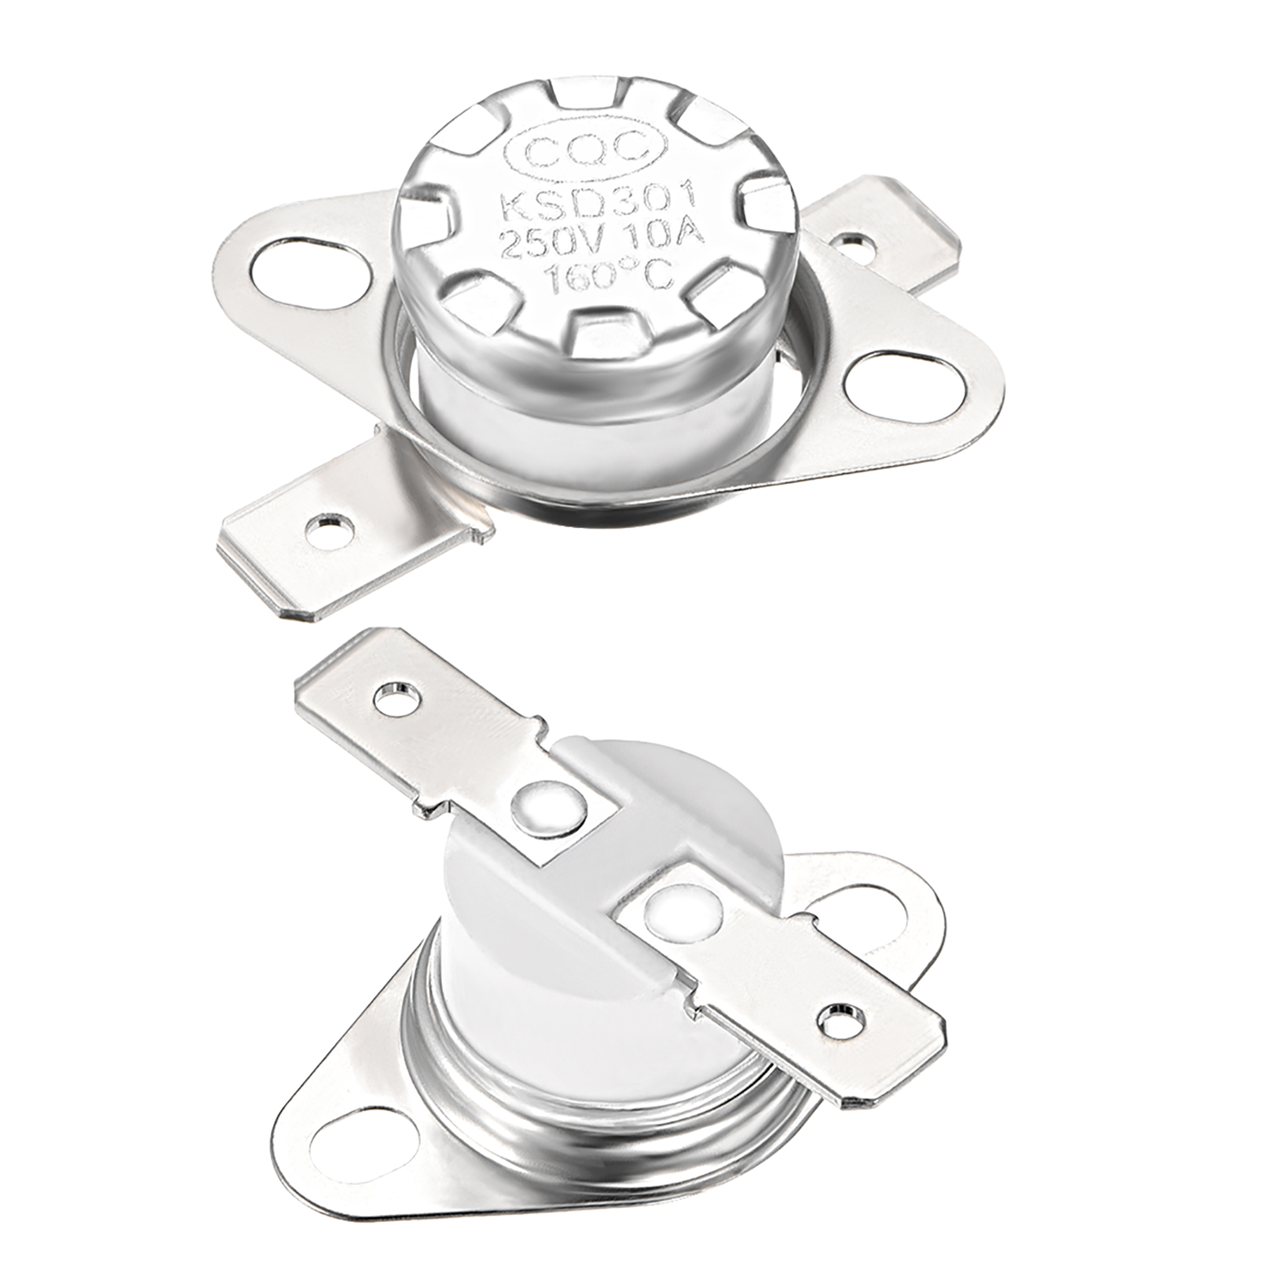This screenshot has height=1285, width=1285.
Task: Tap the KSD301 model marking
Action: click(x=597, y=202)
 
